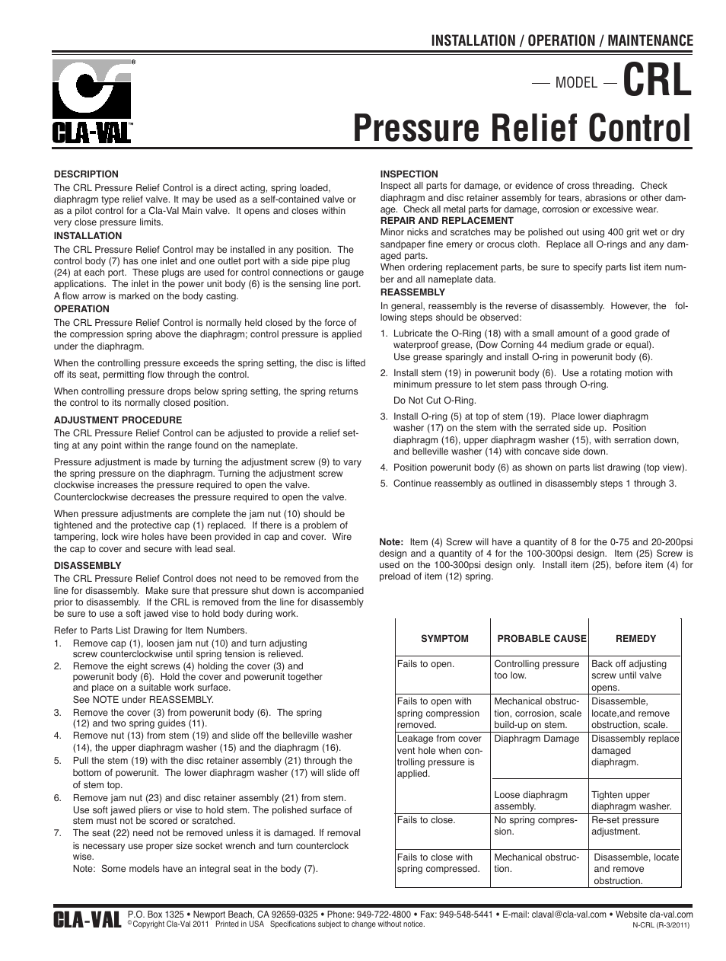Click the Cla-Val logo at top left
[93, 100]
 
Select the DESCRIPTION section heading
[86, 174]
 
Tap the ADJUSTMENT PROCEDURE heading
[117, 420]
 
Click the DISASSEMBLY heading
[88, 566]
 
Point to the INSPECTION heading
[409, 174]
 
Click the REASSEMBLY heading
[412, 292]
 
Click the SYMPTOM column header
[444, 639]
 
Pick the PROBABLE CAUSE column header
[541, 639]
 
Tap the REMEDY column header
[635, 639]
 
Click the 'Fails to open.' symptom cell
[425, 664]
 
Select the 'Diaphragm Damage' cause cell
[537, 739]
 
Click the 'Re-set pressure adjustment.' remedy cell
[626, 826]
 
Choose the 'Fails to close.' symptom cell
[426, 820]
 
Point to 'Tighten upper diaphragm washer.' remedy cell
[632, 800]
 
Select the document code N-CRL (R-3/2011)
[661, 926]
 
